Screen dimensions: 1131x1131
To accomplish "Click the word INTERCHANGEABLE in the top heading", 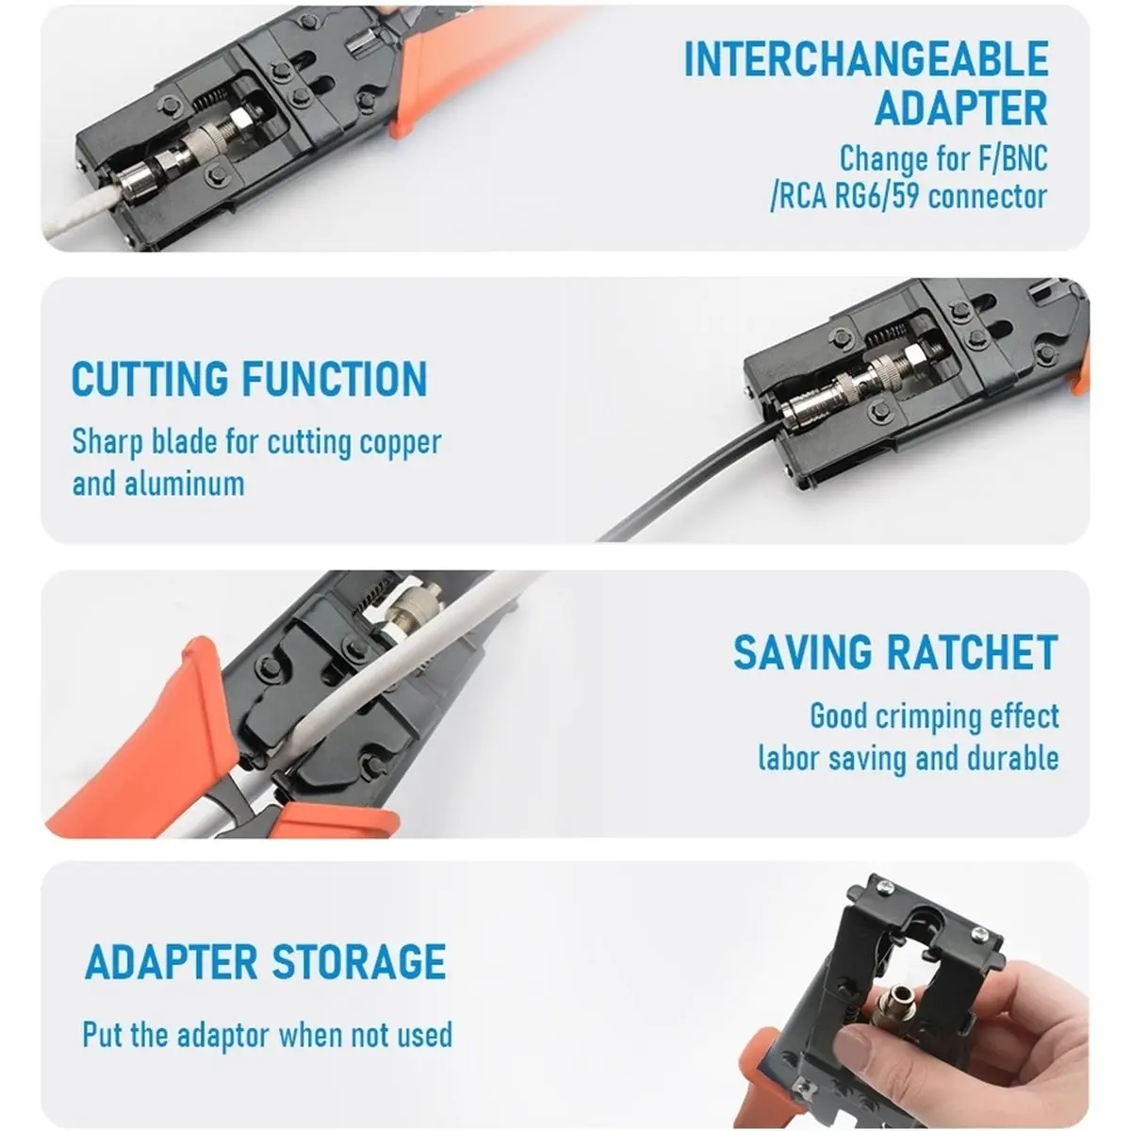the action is pos(866,58).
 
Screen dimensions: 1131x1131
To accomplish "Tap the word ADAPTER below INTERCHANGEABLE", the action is pos(960,107).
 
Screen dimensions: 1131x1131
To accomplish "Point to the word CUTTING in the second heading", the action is pos(150,379).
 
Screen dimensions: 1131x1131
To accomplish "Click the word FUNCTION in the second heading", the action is pos(336,379).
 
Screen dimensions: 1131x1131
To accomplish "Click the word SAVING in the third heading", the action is pos(803,652).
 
